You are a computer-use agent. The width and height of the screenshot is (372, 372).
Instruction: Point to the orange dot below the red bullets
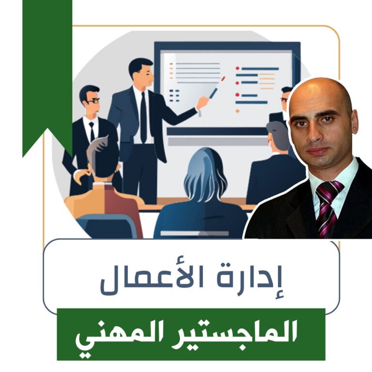coord(237,111)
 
